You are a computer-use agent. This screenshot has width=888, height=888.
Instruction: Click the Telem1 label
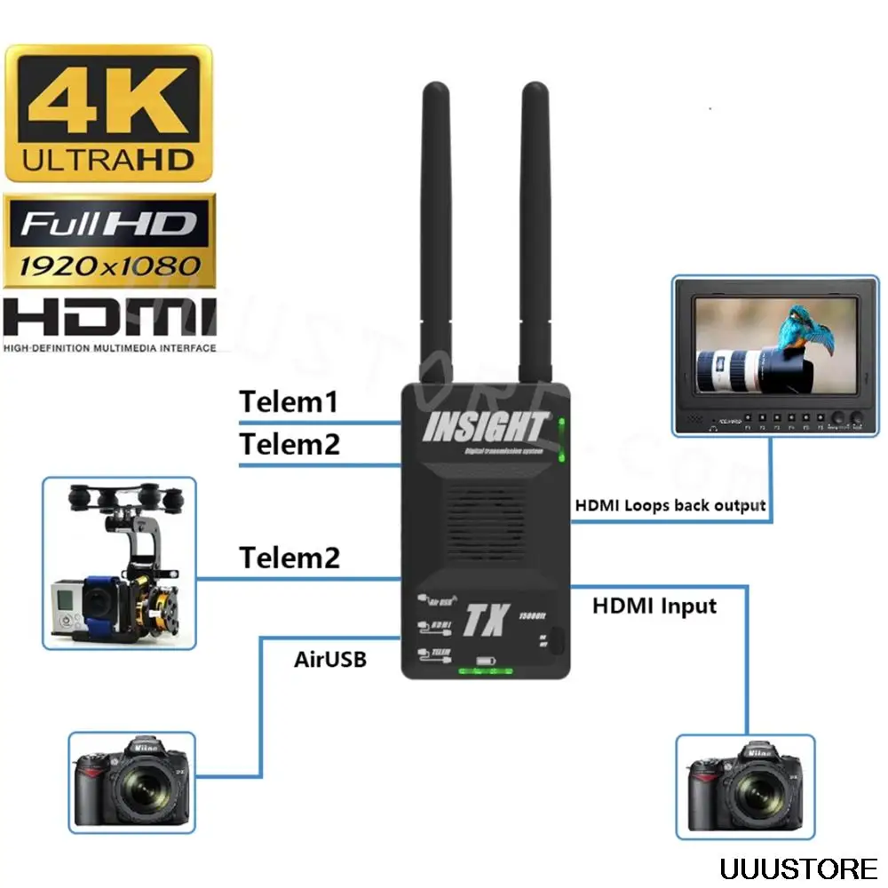pyautogui.click(x=289, y=402)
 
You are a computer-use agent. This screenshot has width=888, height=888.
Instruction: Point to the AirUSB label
pyautogui.click(x=329, y=660)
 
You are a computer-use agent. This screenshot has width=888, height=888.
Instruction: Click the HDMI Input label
pyautogui.click(x=654, y=607)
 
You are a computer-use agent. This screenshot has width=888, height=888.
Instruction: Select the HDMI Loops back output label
pyautogui.click(x=670, y=505)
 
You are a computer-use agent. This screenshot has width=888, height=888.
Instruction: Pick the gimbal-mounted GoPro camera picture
pyautogui.click(x=119, y=562)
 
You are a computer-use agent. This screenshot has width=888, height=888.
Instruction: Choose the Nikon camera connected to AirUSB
pyautogui.click(x=131, y=781)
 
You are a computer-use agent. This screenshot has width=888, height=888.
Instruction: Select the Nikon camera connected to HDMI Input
pyautogui.click(x=745, y=785)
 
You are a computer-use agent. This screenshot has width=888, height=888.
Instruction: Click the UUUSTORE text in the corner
pyautogui.click(x=798, y=867)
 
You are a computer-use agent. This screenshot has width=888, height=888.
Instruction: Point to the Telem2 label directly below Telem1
pyautogui.click(x=289, y=444)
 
